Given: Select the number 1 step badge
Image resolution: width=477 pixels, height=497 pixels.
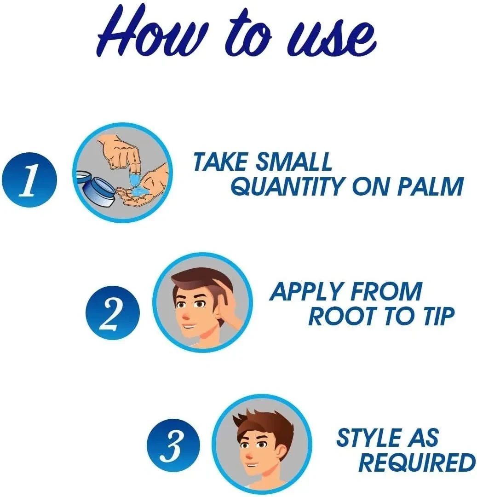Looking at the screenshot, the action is coord(29,180).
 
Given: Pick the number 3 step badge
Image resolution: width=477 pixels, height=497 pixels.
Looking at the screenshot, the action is coord(173,445).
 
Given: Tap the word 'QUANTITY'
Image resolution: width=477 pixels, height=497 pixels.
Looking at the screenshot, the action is coord(287,186).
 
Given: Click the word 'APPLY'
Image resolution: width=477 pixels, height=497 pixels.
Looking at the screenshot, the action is coord(306,292).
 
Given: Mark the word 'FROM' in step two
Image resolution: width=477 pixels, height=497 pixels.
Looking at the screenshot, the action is coord(386,292).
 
